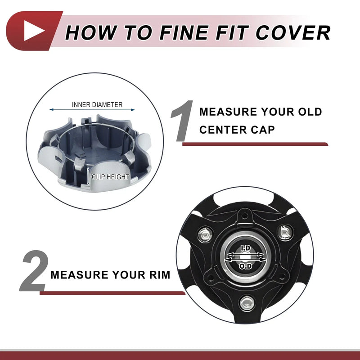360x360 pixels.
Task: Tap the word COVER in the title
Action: click(293, 32)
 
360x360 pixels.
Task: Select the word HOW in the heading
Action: click(91, 32)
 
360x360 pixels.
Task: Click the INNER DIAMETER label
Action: click(97, 105)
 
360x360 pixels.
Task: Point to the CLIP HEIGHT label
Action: click(110, 177)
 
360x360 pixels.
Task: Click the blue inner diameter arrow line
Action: click(92, 110)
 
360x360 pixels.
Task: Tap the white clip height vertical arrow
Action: click(88, 176)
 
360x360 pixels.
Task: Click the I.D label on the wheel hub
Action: click(245, 248)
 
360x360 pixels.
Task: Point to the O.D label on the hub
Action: click(246, 266)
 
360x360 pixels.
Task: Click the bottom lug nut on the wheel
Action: click(246, 303)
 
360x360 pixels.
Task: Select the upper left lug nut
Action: click(205, 234)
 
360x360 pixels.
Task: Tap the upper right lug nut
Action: click(285, 233)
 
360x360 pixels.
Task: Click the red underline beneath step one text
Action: click(255, 144)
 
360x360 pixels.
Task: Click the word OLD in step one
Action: click(310, 112)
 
